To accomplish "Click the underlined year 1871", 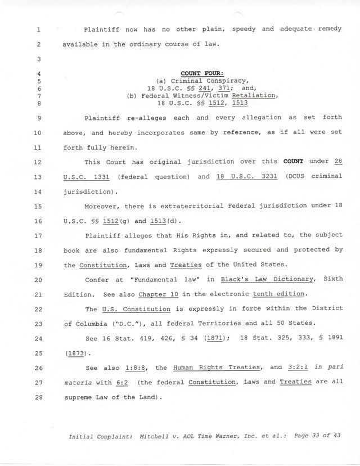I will point(214,338).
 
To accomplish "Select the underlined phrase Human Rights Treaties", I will point(217,368).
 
